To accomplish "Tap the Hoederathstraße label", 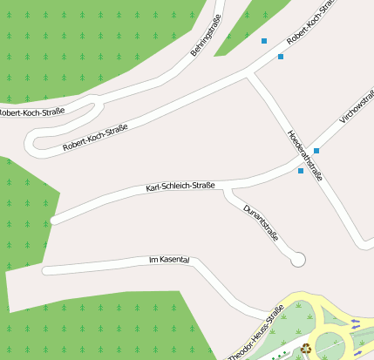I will pos(305,154).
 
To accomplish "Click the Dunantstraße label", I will pos(262,222).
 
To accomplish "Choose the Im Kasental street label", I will pos(169,260).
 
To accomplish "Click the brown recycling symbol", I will pos(306,350).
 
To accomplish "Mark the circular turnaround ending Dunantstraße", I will pos(298,259).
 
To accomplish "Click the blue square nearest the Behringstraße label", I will pos(263,41).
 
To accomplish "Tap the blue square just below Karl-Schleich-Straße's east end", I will pos(301,171).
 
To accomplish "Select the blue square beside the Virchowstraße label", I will pos(316,151).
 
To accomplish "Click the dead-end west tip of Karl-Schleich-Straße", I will pos(54,221).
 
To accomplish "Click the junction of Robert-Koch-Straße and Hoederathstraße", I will pos(250,74).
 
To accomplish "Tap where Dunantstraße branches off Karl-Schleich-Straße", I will pos(227,187).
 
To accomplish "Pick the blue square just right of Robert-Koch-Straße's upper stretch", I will pos(281,57).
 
